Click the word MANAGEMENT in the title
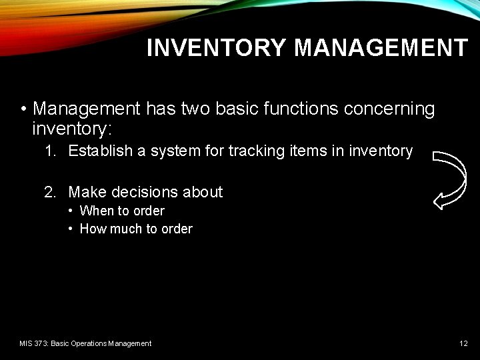[x=381, y=48]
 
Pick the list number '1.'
[x=50, y=151]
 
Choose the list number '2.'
[x=50, y=193]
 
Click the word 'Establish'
[x=101, y=151]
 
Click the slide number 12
[x=463, y=343]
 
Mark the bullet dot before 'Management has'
[x=23, y=109]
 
